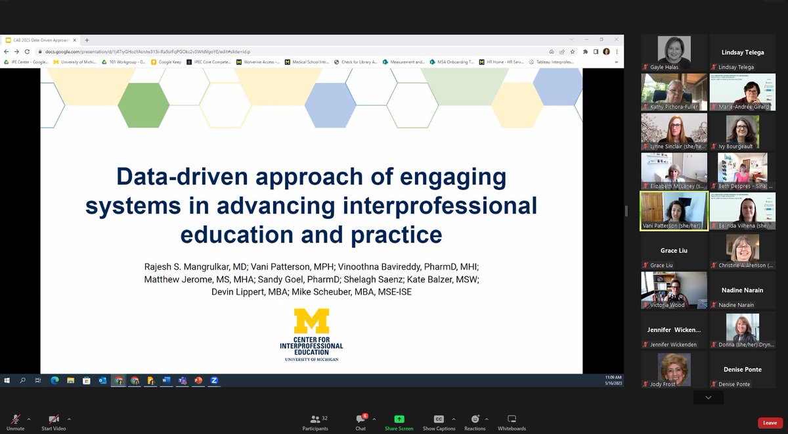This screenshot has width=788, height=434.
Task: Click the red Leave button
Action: (x=770, y=423)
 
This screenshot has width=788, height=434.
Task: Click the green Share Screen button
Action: (x=399, y=419)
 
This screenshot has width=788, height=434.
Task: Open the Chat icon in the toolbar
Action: (x=361, y=419)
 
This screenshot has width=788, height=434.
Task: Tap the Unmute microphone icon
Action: (x=15, y=419)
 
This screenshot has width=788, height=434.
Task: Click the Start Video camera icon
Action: (x=55, y=419)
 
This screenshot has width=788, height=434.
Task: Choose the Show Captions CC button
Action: (x=439, y=419)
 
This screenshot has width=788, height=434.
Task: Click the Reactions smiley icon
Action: (x=475, y=419)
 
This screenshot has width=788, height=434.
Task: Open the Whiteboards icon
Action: (x=512, y=419)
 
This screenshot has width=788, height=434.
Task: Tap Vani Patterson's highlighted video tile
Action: (x=674, y=211)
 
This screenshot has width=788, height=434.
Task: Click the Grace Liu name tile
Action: (x=674, y=251)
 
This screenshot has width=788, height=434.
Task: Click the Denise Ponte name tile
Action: (x=743, y=370)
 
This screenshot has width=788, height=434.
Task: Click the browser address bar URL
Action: (x=144, y=51)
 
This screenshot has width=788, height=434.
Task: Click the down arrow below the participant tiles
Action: (x=708, y=398)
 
